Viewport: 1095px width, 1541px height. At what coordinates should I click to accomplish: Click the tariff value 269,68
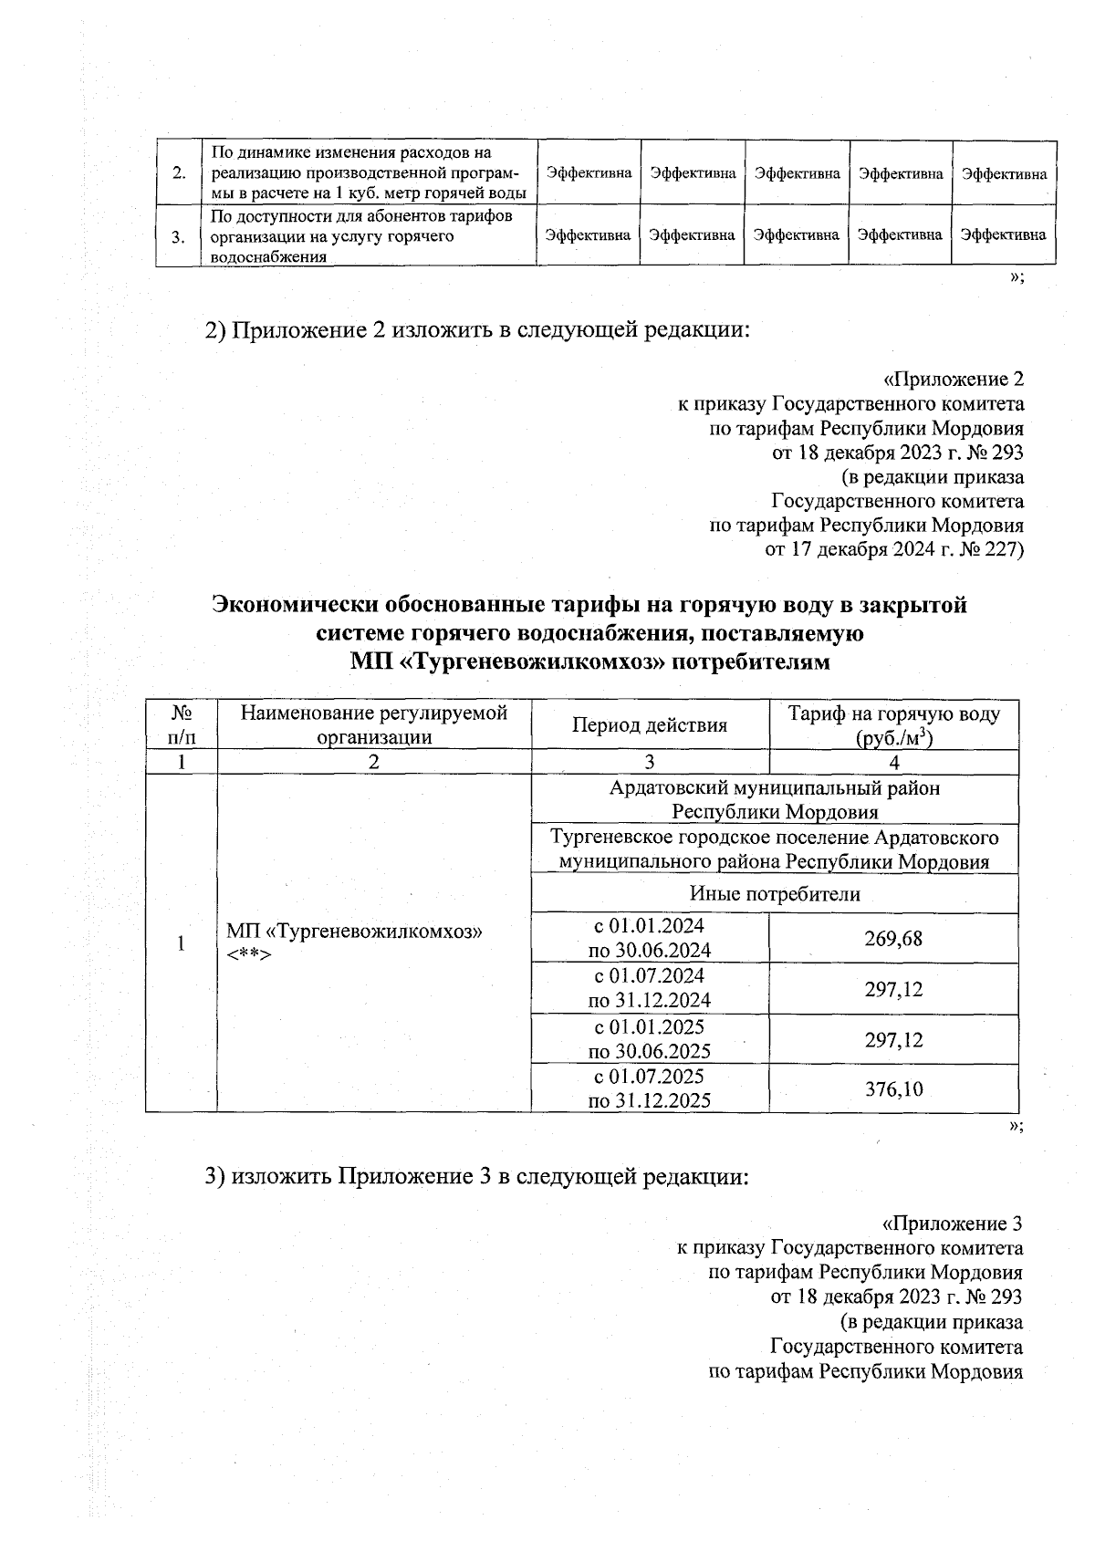tap(893, 938)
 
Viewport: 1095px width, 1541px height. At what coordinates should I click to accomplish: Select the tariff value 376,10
tap(893, 1088)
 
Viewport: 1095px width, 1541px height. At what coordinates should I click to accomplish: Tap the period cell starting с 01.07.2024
tap(650, 987)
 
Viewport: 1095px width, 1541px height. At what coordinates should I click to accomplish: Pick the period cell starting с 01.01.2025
tap(650, 1038)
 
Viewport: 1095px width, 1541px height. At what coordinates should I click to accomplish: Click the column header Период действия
tap(650, 725)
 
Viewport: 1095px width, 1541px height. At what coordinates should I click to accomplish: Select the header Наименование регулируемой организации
tap(373, 725)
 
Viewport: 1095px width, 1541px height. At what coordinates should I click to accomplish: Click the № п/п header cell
tap(181, 725)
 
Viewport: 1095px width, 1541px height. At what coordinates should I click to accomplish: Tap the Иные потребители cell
tap(774, 894)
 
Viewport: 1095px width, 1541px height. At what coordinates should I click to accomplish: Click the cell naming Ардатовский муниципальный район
tap(774, 799)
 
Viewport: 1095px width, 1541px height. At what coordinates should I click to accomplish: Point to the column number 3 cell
tap(650, 763)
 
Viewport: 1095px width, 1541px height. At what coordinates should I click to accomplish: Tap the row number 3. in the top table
tap(179, 236)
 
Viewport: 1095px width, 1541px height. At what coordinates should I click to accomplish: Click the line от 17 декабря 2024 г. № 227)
tap(893, 549)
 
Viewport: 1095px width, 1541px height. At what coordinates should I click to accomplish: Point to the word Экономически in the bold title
tap(295, 605)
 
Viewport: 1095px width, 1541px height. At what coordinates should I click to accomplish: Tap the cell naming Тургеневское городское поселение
tap(774, 849)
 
